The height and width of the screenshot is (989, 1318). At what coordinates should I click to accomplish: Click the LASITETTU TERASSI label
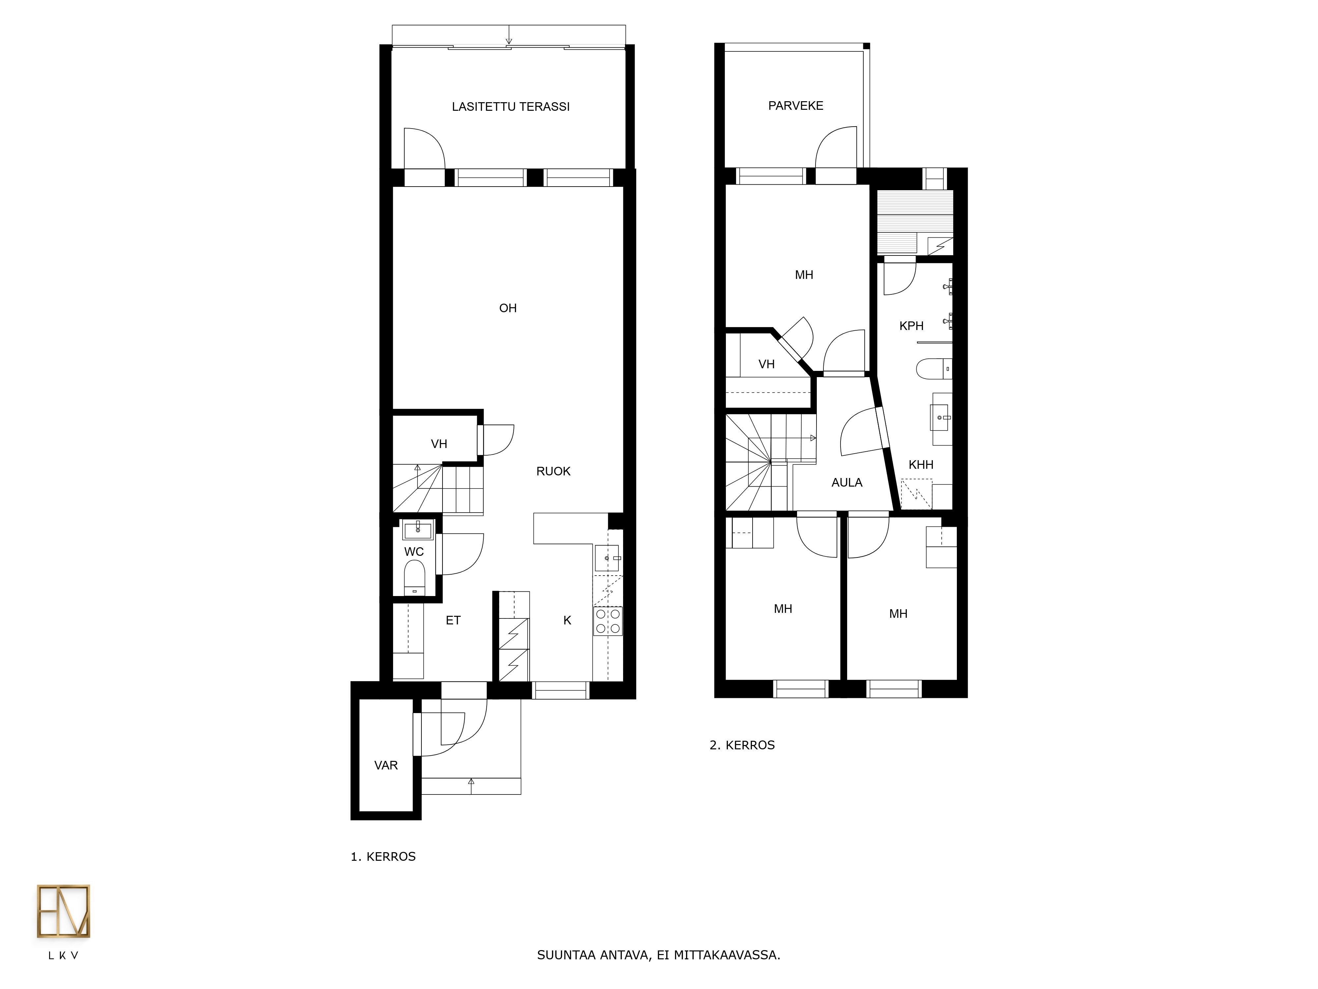click(511, 107)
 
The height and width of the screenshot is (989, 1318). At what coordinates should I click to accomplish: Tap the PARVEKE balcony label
click(795, 105)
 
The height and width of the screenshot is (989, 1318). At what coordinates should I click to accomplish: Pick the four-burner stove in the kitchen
click(608, 620)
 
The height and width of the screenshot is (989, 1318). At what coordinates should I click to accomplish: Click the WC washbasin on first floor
click(418, 529)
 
